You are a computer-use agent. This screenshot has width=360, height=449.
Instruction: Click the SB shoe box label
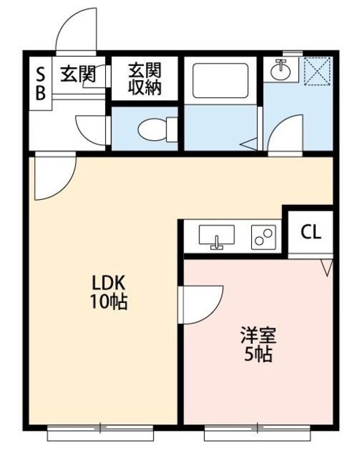pos(41,83)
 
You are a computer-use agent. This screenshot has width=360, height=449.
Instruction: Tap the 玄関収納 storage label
pos(145,79)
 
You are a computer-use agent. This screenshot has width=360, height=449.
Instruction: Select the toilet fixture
pos(157,129)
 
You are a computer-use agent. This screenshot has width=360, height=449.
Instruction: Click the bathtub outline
pos(220,81)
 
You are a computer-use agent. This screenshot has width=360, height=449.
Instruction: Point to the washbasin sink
pos(281,70)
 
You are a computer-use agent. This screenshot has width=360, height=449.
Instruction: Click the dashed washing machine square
pos(317,71)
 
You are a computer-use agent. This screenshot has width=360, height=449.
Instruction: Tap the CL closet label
pos(311,232)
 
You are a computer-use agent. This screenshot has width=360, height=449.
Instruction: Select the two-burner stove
pos(263,237)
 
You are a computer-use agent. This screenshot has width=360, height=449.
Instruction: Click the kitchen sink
pos(217,237)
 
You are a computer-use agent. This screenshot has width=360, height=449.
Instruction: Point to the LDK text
pos(108,283)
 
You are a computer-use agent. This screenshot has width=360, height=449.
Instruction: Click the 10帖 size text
pos(109,302)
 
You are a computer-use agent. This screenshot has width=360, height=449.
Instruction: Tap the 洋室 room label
pos(258,335)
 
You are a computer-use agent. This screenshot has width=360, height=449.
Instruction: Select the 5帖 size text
pos(258,354)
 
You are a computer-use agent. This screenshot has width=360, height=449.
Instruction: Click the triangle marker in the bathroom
pos(249,144)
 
